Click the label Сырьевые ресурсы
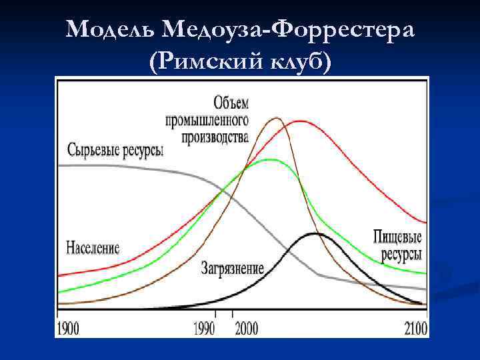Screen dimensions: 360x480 point(115,149)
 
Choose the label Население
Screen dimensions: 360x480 point(93,248)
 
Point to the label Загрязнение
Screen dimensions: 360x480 point(233,269)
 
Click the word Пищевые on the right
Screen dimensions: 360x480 point(400,238)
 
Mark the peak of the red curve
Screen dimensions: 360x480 point(300,121)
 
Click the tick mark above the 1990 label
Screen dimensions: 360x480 point(215,313)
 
